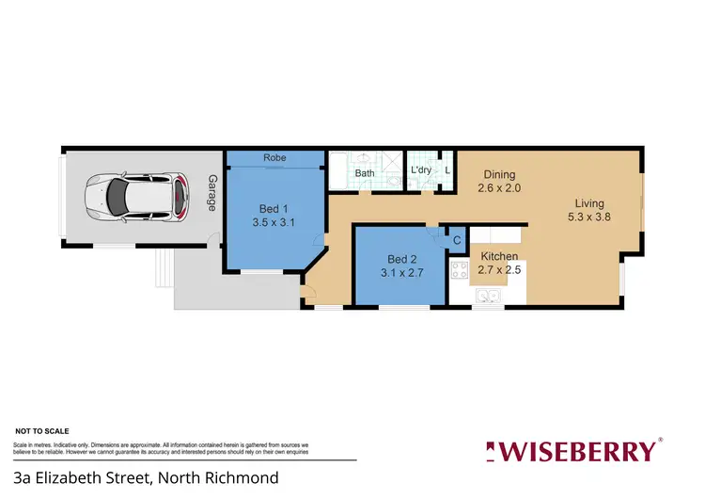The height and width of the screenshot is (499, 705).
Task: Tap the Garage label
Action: coord(212,193)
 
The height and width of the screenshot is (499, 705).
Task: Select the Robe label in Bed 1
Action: coord(274,158)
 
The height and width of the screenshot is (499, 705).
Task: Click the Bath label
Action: coord(365,173)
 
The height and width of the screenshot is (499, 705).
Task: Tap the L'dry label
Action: coord(421,170)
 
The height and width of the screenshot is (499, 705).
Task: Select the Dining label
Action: coord(499,174)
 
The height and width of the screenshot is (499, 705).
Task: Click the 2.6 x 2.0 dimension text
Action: coord(499,188)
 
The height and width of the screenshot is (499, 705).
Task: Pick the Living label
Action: coord(590,203)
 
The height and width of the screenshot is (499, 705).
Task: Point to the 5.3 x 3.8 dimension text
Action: coord(590,217)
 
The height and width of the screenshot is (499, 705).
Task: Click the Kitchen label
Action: coord(498,255)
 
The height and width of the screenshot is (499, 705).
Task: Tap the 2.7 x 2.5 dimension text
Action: coord(500,269)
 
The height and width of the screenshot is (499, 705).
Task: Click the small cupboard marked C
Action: coord(456,241)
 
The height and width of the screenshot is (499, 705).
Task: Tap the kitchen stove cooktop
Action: coord(460,271)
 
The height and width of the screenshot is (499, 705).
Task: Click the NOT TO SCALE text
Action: coord(38,429)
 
